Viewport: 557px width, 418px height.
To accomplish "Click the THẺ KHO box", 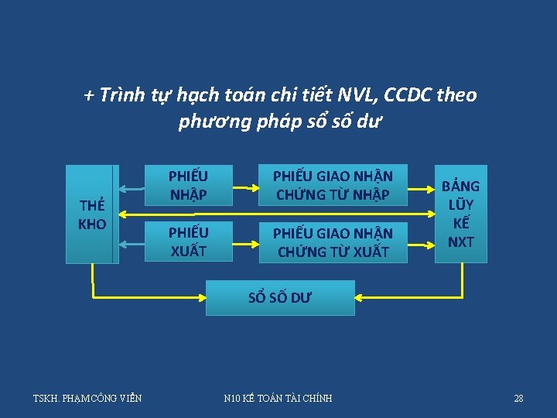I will pos(92,214).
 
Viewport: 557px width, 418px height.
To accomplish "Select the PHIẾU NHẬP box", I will pos(188,185).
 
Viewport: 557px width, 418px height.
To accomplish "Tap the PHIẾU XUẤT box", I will pos(188,242).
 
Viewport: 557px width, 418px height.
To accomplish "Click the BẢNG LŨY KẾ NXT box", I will pos(461,214).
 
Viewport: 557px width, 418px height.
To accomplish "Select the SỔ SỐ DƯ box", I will pos(280,298).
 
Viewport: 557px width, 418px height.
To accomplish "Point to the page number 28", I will pos(518,398).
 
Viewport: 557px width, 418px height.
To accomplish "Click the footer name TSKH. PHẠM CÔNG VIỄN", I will pos(87,398).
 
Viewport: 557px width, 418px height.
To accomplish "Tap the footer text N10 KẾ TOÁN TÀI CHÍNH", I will pos(278,398).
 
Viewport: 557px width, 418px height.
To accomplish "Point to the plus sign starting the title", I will pos(89,96).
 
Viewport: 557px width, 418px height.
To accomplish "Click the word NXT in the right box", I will pos(461,242).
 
